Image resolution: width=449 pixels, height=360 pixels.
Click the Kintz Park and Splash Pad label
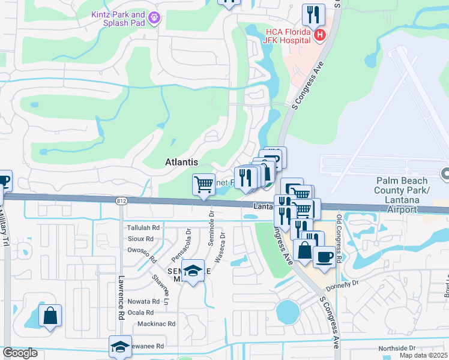118,19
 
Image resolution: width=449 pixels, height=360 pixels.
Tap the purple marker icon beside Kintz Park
155,19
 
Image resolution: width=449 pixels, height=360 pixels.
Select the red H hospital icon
320,35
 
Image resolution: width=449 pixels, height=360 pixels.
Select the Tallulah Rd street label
143,228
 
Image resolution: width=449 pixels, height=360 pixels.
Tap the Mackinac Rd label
156,323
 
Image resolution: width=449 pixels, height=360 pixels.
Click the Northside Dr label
397,348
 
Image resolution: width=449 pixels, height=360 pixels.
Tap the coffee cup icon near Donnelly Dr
324,256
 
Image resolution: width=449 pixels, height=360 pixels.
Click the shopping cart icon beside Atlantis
203,184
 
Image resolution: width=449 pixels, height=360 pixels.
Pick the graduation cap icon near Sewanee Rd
120,346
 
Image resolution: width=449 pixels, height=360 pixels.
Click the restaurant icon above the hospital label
313,14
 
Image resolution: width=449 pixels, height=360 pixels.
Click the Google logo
20,353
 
